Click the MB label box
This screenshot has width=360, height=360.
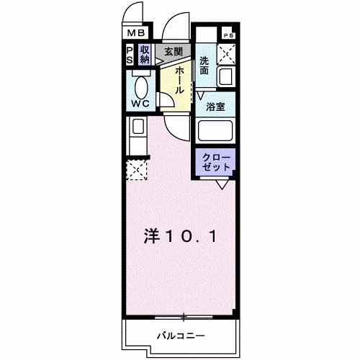click(x=137, y=32)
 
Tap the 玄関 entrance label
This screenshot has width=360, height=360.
click(x=173, y=52)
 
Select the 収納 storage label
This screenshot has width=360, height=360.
click(x=145, y=54)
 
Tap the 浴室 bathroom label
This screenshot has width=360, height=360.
click(x=216, y=107)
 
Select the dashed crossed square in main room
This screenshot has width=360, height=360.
click(x=136, y=171)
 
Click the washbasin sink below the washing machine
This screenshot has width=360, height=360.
click(x=228, y=78)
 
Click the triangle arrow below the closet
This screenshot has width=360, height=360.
click(x=222, y=185)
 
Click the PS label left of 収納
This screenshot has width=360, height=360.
click(x=130, y=54)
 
